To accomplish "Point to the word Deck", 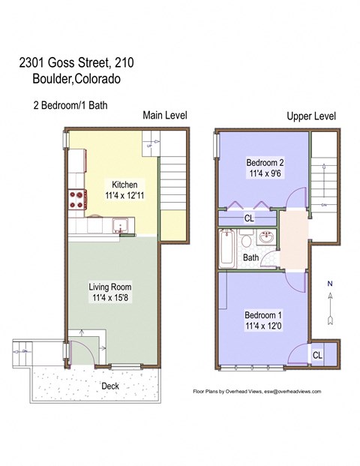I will pos(111,386).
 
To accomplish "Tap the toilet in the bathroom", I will pos(246,241).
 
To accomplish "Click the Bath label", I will pos(250,259).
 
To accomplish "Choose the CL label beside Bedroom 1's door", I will pos(317,355).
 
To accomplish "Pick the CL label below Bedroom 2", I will pos(248,219).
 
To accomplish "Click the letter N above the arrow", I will pos(328,284).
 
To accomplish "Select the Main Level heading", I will pos(165,116).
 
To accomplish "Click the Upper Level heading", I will pos(311,116).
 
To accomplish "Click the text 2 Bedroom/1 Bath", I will pos(70,105).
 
